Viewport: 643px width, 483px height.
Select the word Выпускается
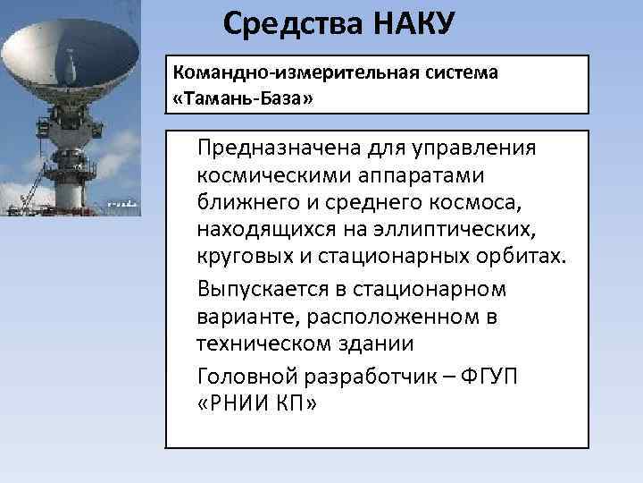pos(265,289)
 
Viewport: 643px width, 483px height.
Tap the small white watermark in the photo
pos(122,204)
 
